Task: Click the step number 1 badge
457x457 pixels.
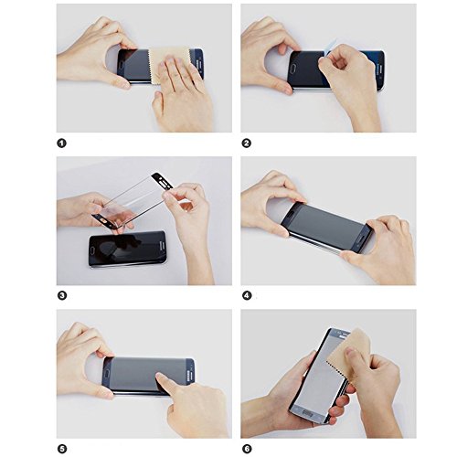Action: pos(61,143)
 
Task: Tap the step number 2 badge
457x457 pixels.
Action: pos(247,143)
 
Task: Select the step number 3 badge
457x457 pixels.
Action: pos(62,295)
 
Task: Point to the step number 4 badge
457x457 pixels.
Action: pos(247,295)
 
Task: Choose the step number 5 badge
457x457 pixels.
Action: pos(62,449)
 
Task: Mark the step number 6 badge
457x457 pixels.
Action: pos(247,449)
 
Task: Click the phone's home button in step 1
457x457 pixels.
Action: pos(122,65)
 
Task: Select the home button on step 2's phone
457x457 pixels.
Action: pos(293,67)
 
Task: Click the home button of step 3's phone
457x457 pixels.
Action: pos(93,251)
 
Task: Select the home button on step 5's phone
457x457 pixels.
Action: pos(107,374)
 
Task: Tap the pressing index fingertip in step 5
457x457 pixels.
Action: pos(161,377)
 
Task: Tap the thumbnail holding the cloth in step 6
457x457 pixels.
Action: pos(351,355)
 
